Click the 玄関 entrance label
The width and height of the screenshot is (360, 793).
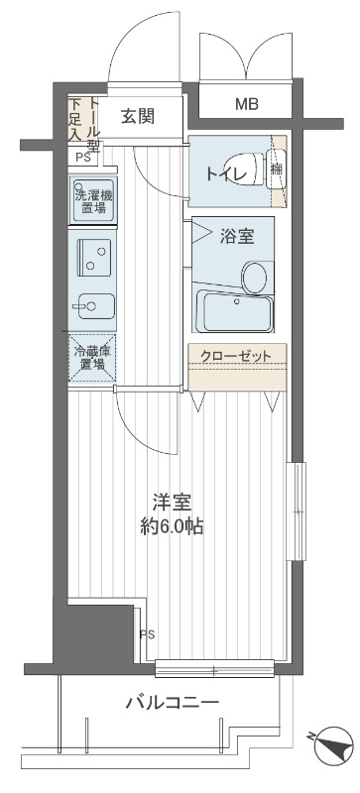138,116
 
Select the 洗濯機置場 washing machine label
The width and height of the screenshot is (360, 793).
92,200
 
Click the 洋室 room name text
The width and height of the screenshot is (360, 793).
171,503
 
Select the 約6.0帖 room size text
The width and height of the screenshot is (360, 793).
171,526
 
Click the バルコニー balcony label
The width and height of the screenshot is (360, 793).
172,703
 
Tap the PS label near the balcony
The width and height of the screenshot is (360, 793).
147,634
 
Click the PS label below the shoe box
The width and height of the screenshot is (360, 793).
78,157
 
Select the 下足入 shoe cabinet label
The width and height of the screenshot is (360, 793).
74,119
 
